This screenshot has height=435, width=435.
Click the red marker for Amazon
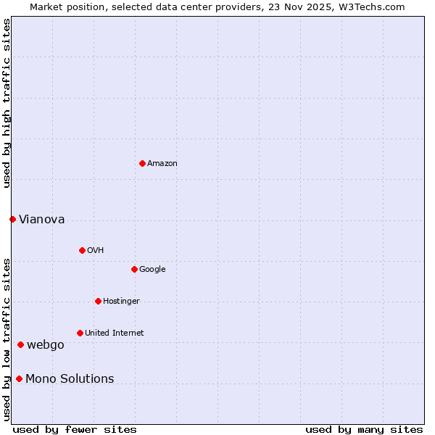pos(142,163)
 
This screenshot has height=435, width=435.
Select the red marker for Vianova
pos(12,219)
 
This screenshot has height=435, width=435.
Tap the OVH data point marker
pos(82,250)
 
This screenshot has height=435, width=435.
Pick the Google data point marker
pos(134,269)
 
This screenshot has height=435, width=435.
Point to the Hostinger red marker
pos(98,301)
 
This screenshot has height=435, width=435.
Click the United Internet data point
pos(80,333)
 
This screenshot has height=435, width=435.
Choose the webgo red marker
pos(20,344)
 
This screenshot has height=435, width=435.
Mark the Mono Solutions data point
pos(19,378)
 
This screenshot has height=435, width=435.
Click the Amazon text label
pos(162,164)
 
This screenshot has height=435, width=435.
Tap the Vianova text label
pos(41,220)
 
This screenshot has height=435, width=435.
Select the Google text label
pos(152,270)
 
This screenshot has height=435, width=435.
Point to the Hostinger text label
pos(121,302)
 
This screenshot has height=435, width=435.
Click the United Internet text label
pos(114,333)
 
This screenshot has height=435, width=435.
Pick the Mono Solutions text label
pos(70,379)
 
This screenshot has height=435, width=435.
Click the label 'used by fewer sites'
pos(75,429)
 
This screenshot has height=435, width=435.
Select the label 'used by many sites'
pos(364,429)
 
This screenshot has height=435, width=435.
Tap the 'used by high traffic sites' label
pos(7,103)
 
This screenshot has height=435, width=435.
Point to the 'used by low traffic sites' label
pos(7,339)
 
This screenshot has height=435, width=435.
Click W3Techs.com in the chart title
pos(373,7)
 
